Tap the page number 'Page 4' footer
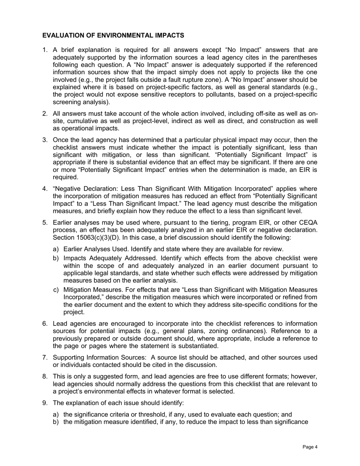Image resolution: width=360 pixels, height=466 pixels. click(x=310, y=447)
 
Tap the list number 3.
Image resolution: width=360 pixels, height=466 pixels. click(x=45, y=140)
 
